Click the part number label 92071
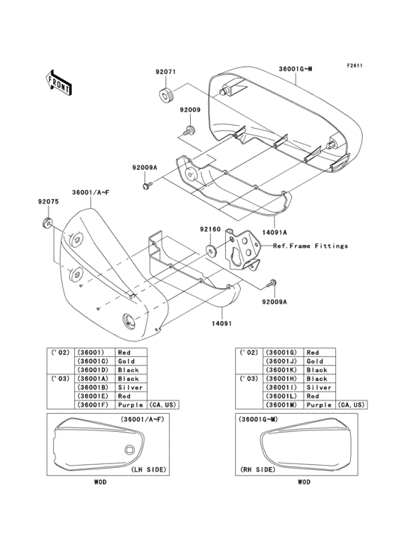(165, 73)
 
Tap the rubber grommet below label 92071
(165, 94)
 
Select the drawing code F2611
(354, 65)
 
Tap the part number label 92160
(210, 230)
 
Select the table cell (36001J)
(278, 361)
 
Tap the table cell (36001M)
(278, 404)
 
